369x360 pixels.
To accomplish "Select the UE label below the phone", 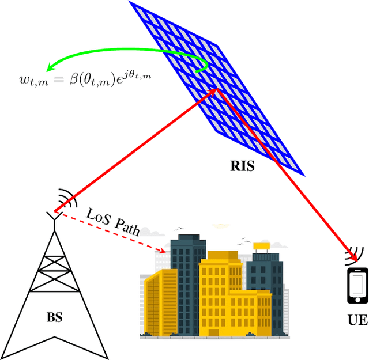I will coord(358,319).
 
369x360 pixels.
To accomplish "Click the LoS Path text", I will coord(113,221).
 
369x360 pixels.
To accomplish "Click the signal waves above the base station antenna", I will coord(67,199).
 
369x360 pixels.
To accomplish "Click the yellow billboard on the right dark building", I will coord(262,247).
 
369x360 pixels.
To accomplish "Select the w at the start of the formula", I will coord(25,81).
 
